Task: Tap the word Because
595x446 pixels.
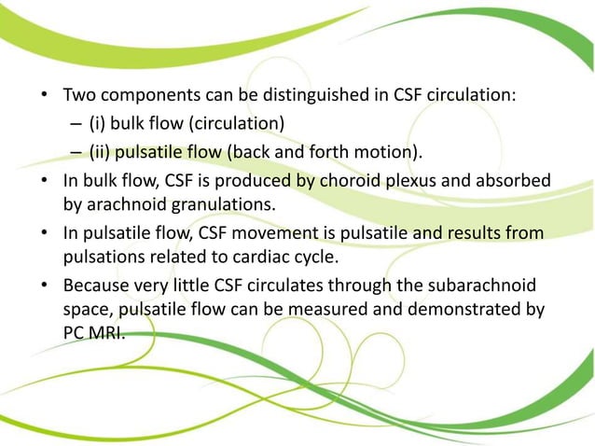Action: tap(98, 285)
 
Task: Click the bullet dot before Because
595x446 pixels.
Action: tap(46, 285)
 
